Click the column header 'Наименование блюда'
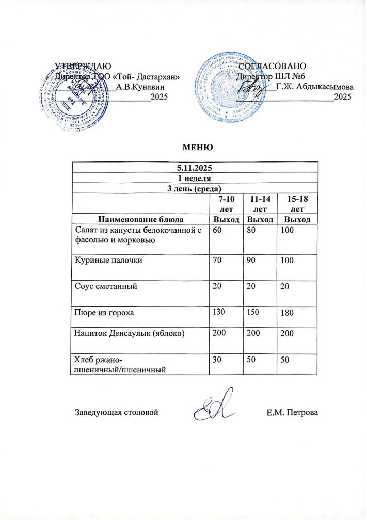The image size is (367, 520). coord(140,220)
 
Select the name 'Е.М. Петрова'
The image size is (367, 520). coord(293,412)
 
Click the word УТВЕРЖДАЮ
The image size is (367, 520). coord(82,66)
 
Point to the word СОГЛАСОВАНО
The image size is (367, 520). coord(273,66)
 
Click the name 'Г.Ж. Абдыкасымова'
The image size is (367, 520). coord(315,86)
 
